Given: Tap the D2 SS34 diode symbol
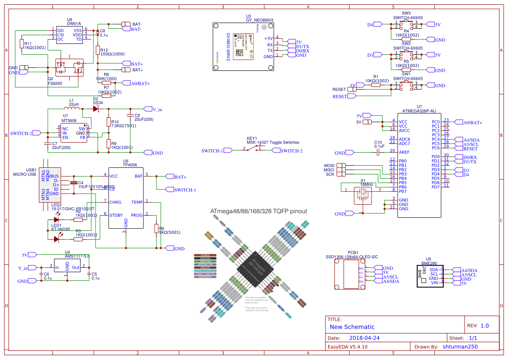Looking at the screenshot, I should pyautogui.click(x=96, y=109).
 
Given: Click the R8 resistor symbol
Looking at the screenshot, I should pyautogui.click(x=156, y=229).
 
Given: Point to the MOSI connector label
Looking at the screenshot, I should pyautogui.click(x=329, y=165).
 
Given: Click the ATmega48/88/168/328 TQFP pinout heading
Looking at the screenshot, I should pyautogui.click(x=259, y=211).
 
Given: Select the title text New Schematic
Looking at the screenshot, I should pyautogui.click(x=352, y=327).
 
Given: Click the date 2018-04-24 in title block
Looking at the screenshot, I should pyautogui.click(x=365, y=338).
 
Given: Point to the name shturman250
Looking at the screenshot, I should pyautogui.click(x=460, y=347).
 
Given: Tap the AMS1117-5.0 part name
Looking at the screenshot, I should pyautogui.click(x=77, y=257).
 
